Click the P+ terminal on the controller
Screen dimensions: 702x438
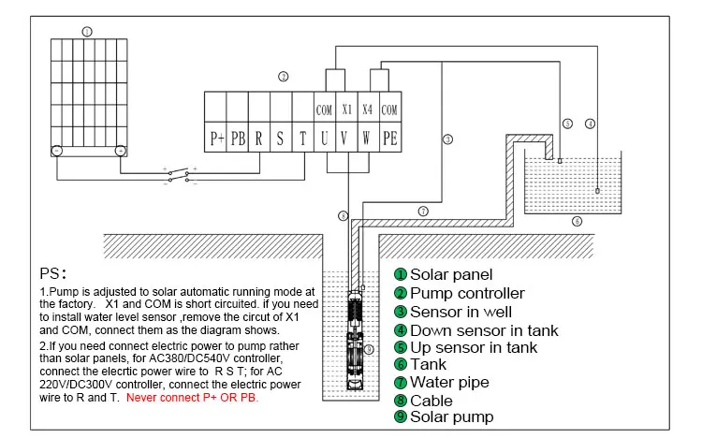pyautogui.click(x=215, y=138)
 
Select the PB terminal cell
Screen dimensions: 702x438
pyautogui.click(x=238, y=138)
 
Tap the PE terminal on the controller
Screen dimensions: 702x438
pyautogui.click(x=390, y=138)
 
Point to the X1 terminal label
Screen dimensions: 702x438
pyautogui.click(x=347, y=109)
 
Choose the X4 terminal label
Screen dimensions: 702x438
pyautogui.click(x=368, y=109)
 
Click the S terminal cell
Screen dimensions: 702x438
pyautogui.click(x=281, y=138)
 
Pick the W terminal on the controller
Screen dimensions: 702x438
pyautogui.click(x=369, y=138)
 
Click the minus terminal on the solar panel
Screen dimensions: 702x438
pyautogui.click(x=57, y=151)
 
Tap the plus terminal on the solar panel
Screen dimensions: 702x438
pyautogui.click(x=121, y=151)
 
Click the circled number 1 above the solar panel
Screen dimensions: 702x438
pyautogui.click(x=87, y=31)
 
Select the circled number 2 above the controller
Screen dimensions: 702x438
pyautogui.click(x=284, y=77)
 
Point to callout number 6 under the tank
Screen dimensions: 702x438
pyautogui.click(x=578, y=221)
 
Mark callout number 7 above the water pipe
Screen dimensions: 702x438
pyautogui.click(x=423, y=211)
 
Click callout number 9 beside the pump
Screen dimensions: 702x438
pyautogui.click(x=369, y=349)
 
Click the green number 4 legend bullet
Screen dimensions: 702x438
pyautogui.click(x=401, y=330)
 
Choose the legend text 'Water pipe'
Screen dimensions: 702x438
pyautogui.click(x=449, y=383)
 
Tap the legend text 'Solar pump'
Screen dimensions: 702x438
pyautogui.click(x=452, y=417)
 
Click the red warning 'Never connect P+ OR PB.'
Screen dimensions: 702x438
pyautogui.click(x=193, y=398)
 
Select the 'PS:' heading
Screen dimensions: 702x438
pyautogui.click(x=52, y=273)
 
